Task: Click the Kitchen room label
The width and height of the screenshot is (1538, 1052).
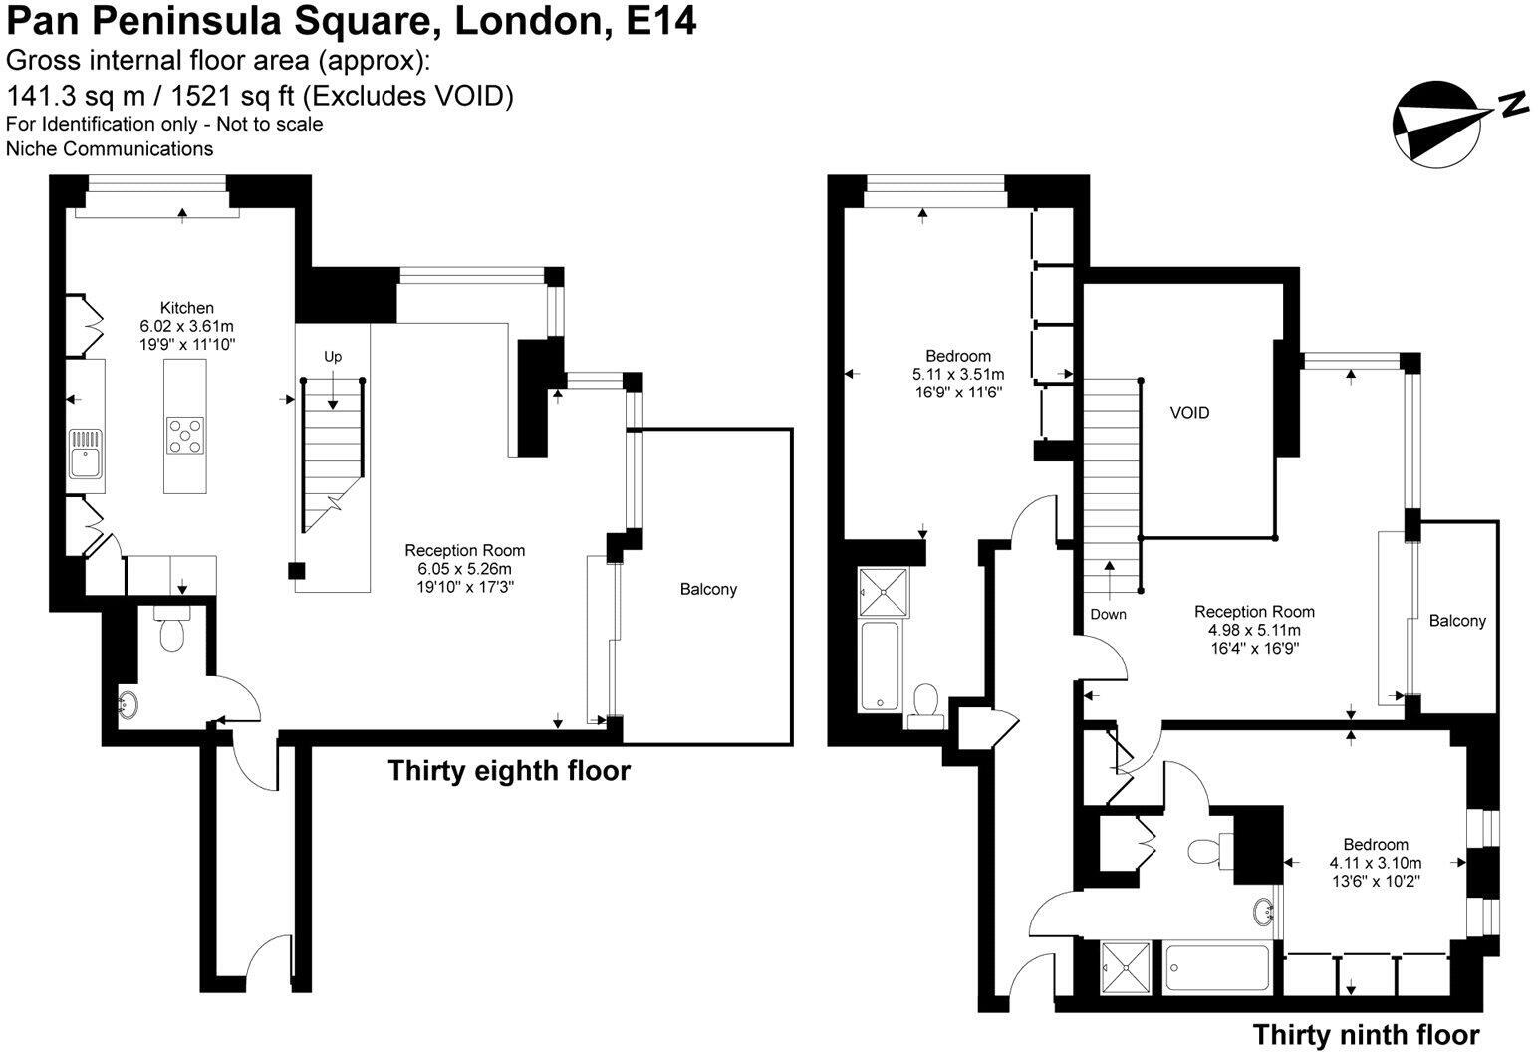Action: pos(187,308)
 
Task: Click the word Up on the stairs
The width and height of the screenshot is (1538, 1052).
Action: pos(333,357)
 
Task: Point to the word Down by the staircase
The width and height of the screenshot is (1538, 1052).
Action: pos(1108,614)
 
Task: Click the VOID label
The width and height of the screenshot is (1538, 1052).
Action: pos(1190,412)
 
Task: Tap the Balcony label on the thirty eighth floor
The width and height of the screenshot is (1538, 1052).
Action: pos(708,589)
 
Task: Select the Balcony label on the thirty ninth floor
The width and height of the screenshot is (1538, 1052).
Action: pos(1457,621)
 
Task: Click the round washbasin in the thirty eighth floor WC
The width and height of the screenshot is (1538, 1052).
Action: pos(128,704)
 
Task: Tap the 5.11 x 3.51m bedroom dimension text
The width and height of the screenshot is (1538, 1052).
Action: pos(958,375)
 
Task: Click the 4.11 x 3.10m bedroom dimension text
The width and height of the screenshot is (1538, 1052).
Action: pos(1375,863)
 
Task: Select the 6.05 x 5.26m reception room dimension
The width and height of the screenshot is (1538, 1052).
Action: pos(464,569)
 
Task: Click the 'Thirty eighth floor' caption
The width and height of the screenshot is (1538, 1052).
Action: pos(509,771)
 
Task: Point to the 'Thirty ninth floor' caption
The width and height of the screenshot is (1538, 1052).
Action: pos(1366,1034)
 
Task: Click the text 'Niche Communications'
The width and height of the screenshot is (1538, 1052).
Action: pos(110,149)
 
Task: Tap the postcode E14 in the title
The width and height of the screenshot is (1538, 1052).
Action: pos(660,20)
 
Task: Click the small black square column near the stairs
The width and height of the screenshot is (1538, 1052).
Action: pos(296,570)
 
